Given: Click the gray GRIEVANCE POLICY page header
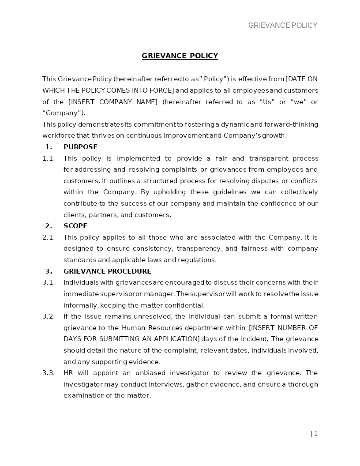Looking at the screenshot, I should click(x=283, y=26).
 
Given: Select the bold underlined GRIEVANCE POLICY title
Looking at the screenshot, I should click(x=180, y=56).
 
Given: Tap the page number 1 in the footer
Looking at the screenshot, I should click(x=315, y=434).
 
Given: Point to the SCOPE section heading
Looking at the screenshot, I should click(x=75, y=226).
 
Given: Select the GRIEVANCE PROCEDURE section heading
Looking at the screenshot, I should click(x=107, y=271).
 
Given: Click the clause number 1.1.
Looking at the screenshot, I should click(x=49, y=158).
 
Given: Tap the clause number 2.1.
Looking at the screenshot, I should click(x=49, y=237).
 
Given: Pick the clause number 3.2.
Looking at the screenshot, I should click(x=49, y=316).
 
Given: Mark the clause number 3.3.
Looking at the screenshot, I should click(x=49, y=373).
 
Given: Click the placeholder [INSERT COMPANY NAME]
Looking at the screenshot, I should click(x=113, y=102).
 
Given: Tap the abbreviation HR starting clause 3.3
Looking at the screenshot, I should click(x=68, y=373).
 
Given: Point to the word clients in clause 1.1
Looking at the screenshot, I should click(x=74, y=215).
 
